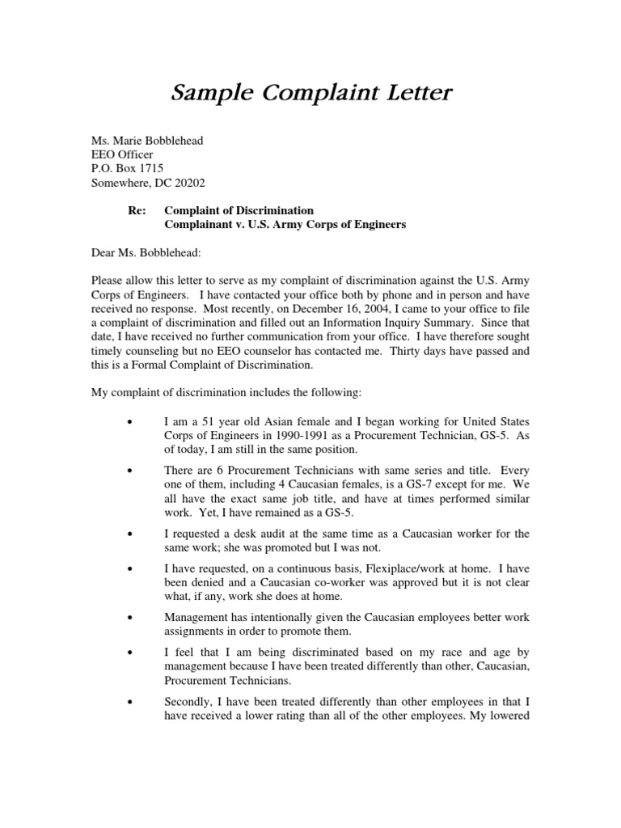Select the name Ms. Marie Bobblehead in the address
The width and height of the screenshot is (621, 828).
(x=146, y=141)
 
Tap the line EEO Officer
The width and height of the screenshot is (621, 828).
(x=121, y=154)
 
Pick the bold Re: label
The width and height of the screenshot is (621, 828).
(x=136, y=210)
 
